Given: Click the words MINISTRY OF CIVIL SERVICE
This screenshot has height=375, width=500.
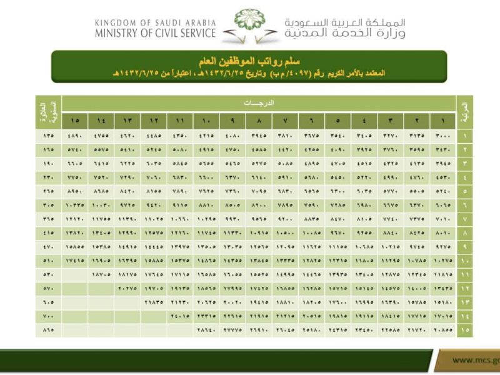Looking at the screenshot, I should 156,33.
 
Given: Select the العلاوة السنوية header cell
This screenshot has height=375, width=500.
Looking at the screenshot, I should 47,111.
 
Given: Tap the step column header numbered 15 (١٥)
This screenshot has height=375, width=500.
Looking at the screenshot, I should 75,119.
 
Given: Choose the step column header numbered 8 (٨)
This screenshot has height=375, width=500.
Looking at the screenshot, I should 258,119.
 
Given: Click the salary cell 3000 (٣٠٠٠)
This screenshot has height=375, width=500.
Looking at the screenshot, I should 442,136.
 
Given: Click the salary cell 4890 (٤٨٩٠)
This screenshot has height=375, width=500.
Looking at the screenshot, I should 75,136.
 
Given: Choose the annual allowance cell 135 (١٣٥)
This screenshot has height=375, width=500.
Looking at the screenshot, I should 48,136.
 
